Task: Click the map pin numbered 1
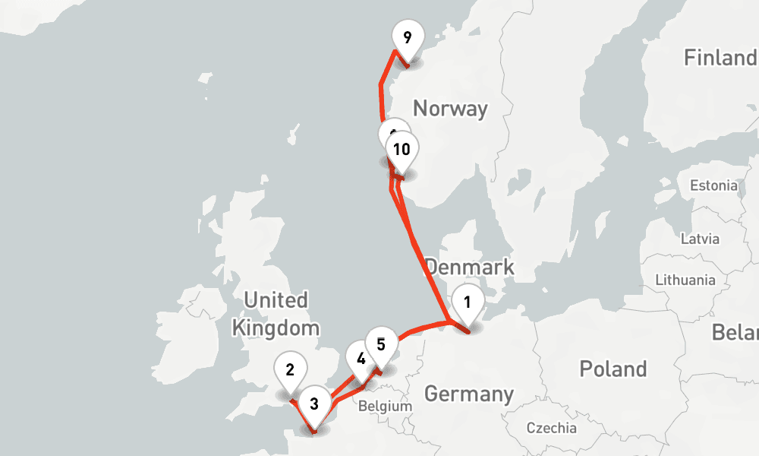tap(468, 303)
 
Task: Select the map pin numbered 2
tap(290, 371)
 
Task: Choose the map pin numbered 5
tap(382, 344)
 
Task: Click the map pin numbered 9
tap(408, 38)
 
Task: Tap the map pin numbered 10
tap(402, 149)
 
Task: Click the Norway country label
tap(449, 109)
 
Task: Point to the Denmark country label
tap(469, 268)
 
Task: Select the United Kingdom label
tap(276, 314)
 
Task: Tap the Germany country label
tap(468, 394)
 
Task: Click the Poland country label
tap(613, 369)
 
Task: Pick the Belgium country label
tap(385, 406)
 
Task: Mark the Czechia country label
tap(552, 428)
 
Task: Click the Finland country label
tap(720, 58)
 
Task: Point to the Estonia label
tap(713, 185)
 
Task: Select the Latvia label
tap(699, 239)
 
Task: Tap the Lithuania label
tap(685, 280)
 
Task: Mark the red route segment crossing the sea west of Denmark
tap(425, 266)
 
